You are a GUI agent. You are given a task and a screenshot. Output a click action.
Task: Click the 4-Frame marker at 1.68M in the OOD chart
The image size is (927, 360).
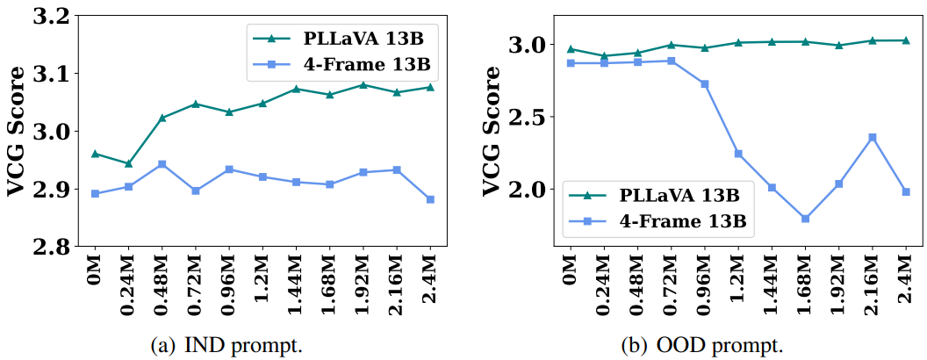[805, 219]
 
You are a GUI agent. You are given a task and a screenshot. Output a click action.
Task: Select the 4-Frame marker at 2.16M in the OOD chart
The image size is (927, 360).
[872, 137]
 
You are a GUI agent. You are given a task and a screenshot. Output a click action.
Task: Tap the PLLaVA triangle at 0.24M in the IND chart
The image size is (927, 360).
[128, 163]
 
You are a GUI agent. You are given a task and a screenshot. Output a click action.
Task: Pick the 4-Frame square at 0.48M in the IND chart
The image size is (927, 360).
[162, 164]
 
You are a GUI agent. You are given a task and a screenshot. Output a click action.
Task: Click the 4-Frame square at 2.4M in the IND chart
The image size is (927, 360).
[430, 199]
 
